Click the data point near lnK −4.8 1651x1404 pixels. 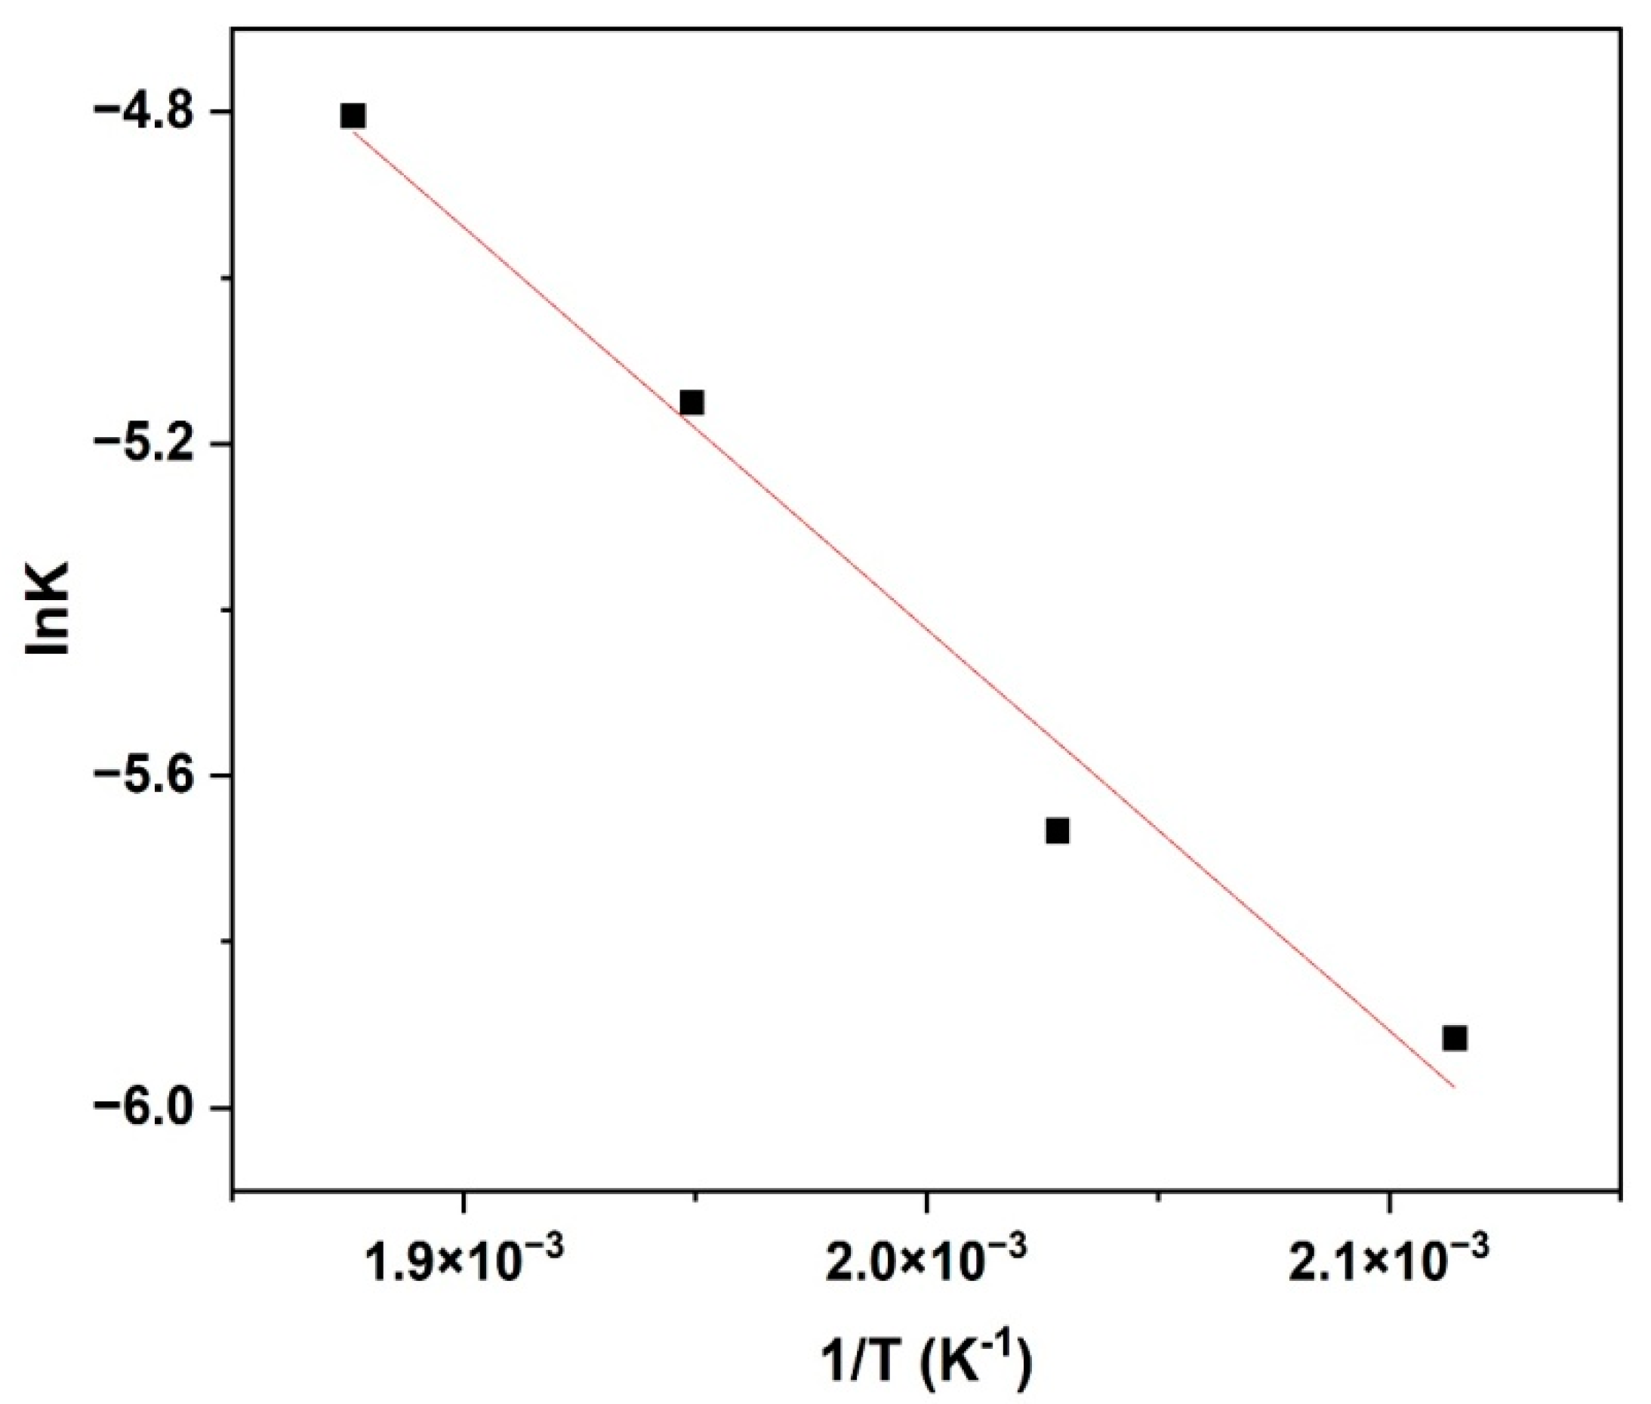(x=353, y=115)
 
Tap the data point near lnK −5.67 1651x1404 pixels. (x=1057, y=830)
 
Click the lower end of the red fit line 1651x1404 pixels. (x=1453, y=1085)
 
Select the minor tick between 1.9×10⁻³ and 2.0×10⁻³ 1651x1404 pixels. (x=695, y=1199)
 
